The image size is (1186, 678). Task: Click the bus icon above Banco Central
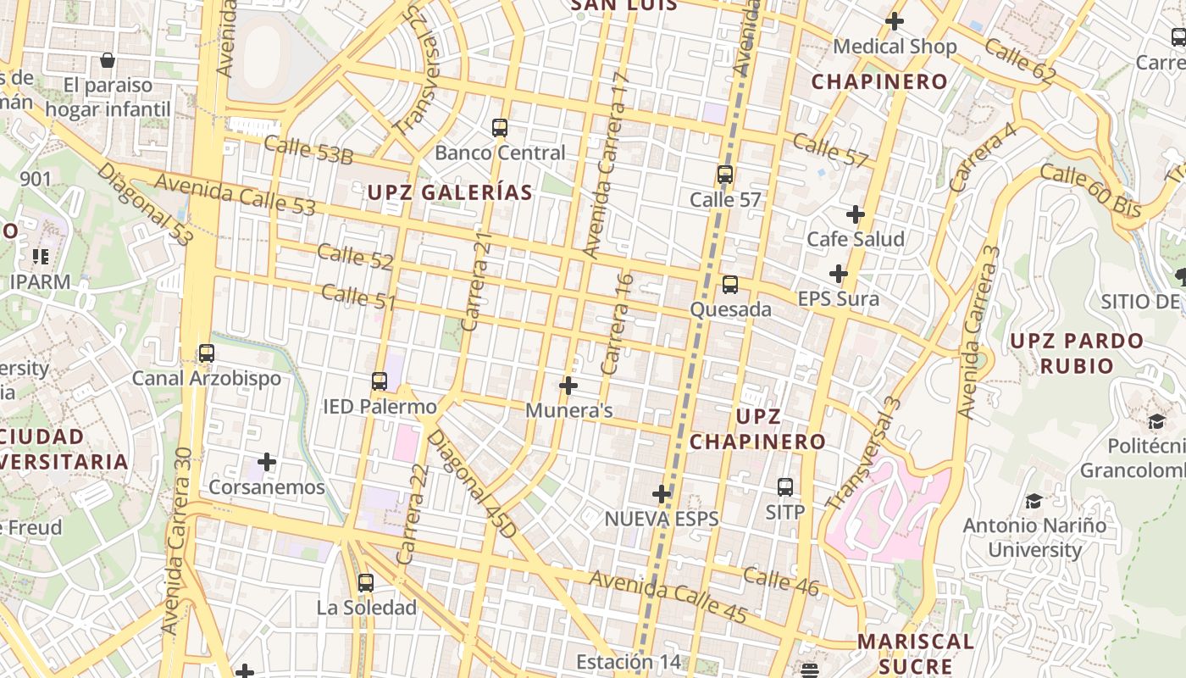click(500, 128)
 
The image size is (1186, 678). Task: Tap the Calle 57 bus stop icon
click(725, 175)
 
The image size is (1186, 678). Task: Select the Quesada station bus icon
click(730, 285)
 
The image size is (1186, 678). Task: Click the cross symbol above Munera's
click(568, 386)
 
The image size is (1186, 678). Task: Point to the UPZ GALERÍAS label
click(450, 192)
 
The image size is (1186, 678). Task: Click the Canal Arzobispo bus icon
click(207, 353)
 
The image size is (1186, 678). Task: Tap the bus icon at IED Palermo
click(380, 381)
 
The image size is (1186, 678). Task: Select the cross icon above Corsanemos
click(267, 462)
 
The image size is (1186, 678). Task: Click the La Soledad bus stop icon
click(366, 583)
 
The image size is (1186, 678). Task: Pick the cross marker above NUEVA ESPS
click(662, 493)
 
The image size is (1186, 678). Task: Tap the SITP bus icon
click(785, 487)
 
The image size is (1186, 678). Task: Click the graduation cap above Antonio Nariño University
click(1034, 502)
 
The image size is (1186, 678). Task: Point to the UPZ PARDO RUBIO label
click(1077, 353)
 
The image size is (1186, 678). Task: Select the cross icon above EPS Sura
click(839, 274)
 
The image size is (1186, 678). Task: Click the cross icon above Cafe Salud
click(856, 214)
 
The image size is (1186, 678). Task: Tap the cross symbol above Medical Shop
click(895, 21)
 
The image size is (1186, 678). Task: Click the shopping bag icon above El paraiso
click(108, 60)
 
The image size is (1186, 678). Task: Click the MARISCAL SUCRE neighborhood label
click(915, 653)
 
